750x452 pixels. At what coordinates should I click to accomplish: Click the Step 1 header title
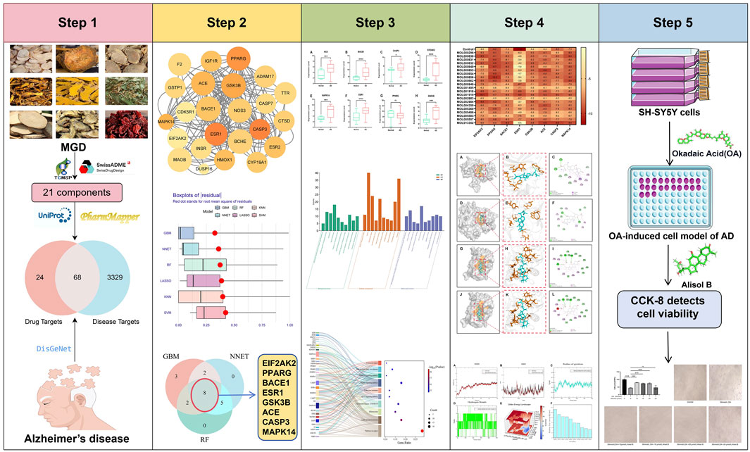(76, 22)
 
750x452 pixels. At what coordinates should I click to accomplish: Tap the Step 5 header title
(674, 22)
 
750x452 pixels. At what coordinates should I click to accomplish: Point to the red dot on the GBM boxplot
(215, 233)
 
